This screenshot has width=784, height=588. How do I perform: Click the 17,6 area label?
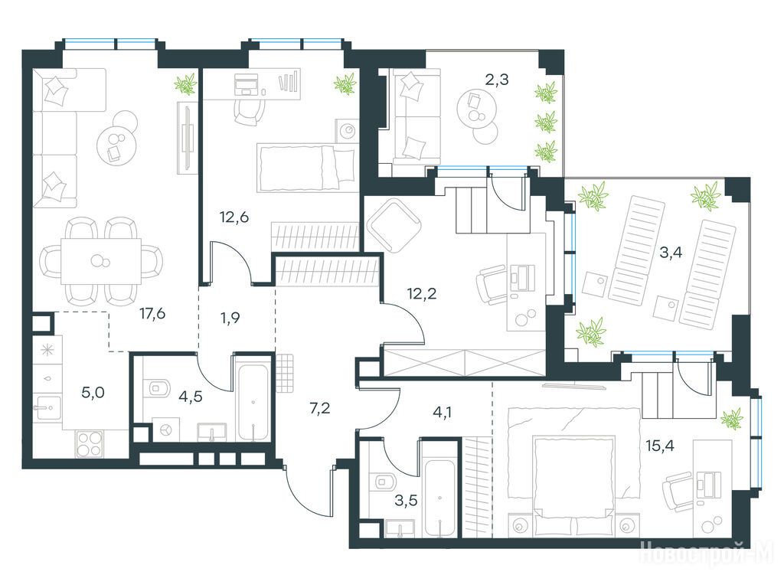(152, 314)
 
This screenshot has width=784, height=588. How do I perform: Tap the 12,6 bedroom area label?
(234, 217)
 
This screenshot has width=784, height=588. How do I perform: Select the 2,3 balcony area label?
(497, 79)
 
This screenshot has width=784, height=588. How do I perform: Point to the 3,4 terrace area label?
(671, 253)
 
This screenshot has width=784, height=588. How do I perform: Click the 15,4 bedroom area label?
(660, 445)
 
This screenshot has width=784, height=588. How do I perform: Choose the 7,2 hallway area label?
(320, 409)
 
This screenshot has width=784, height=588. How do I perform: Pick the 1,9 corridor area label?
(230, 318)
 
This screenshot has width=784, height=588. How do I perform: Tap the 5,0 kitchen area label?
(93, 393)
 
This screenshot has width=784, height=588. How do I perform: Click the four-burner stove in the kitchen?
(90, 444)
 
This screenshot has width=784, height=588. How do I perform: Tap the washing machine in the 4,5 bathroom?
(165, 430)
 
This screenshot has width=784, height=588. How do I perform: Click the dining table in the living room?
(101, 261)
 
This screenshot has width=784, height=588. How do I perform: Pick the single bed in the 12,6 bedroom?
(308, 168)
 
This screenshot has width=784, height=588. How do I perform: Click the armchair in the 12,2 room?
(394, 224)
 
